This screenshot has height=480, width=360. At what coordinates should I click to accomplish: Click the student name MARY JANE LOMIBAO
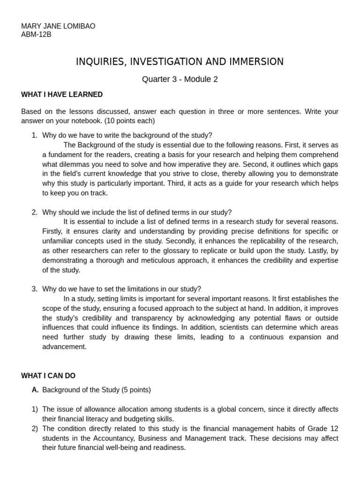point(58,26)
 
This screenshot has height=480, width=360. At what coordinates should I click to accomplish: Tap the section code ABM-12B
point(37,35)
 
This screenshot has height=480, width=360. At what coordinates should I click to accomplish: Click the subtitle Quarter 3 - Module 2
point(180,79)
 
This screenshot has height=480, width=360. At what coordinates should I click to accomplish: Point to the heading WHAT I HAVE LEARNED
point(62,95)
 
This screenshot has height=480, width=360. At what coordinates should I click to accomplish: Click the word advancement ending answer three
point(64,347)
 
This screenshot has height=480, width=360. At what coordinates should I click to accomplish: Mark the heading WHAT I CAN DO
point(48,376)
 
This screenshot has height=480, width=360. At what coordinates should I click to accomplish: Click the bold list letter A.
point(35,390)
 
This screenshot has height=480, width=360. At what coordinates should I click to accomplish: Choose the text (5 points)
point(136,390)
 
